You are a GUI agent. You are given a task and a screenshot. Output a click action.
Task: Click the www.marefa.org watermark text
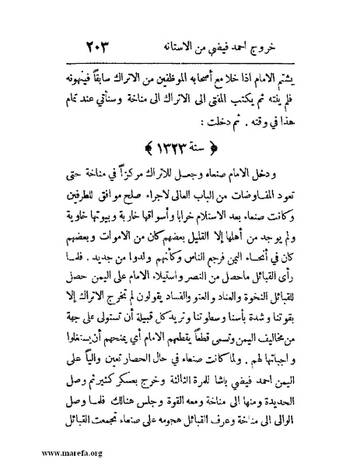(x=39, y=454)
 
